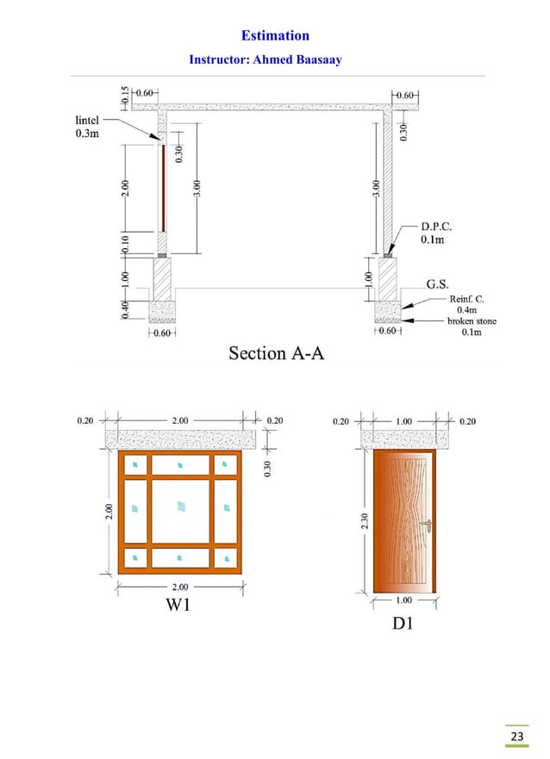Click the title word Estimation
click(x=275, y=35)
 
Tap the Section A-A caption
click(x=276, y=353)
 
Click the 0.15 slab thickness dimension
click(x=126, y=96)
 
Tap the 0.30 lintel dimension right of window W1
click(x=268, y=467)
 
